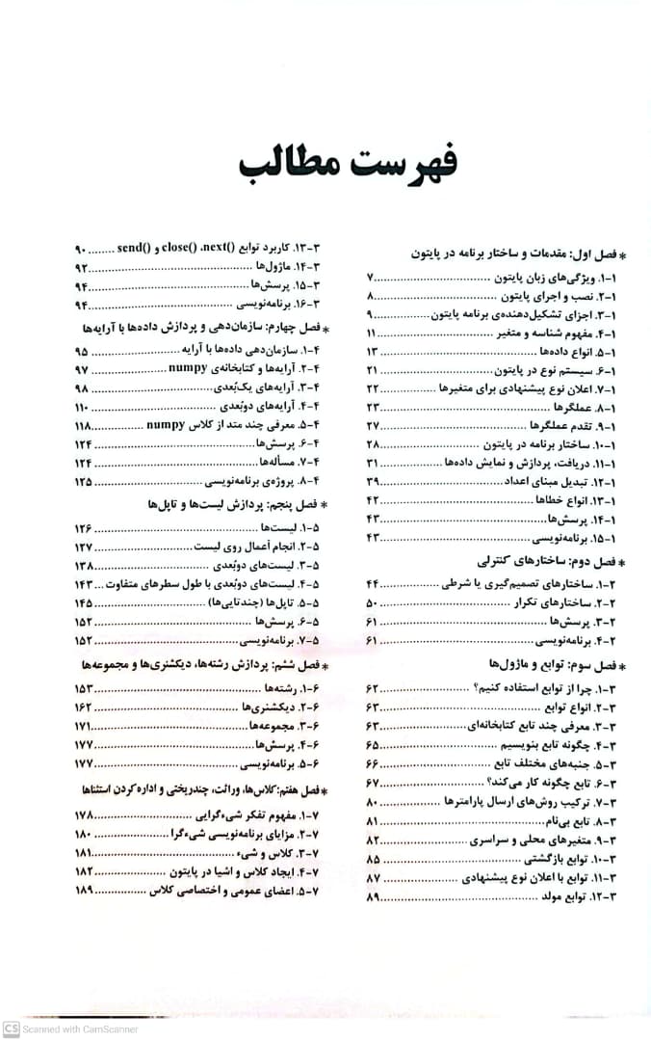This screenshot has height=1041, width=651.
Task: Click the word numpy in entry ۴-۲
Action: tap(188, 369)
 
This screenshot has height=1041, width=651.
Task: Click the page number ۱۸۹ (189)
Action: tap(83, 891)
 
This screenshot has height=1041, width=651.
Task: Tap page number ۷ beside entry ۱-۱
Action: tap(371, 279)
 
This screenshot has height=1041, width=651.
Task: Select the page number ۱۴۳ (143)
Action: tap(83, 584)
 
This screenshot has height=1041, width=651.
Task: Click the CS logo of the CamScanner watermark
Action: tap(12, 1028)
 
